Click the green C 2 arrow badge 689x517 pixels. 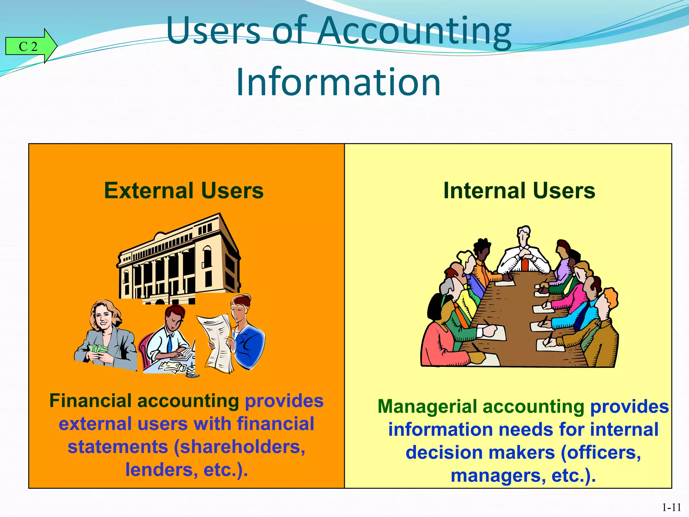[30, 46]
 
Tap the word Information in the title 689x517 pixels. [338, 82]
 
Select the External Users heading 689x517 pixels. [184, 191]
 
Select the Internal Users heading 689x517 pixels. [519, 191]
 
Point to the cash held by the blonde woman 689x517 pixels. [98, 349]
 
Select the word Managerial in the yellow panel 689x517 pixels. [427, 407]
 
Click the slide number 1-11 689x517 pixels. [672, 507]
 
